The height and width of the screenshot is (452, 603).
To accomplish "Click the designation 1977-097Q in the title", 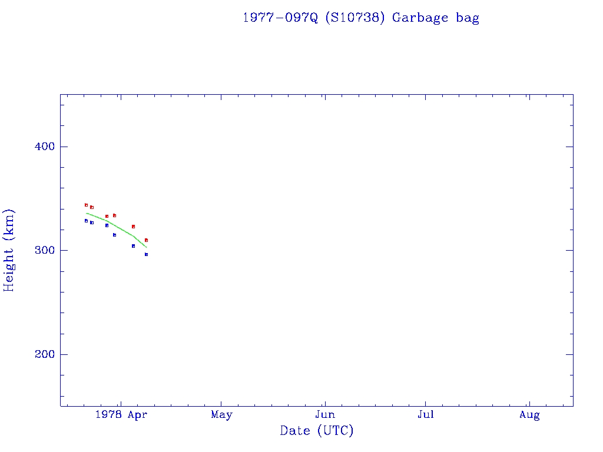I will [x=280, y=18].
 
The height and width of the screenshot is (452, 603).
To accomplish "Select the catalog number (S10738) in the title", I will [x=355, y=18].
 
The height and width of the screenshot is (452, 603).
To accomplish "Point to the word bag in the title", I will [x=468, y=18].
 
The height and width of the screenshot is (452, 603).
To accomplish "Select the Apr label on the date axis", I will [x=137, y=415].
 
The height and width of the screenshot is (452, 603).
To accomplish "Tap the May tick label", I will [x=221, y=415].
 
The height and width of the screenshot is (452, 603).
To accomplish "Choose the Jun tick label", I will [x=324, y=415].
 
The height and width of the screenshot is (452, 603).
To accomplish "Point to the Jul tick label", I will [x=425, y=415].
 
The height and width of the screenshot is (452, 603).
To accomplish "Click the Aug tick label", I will [x=529, y=415].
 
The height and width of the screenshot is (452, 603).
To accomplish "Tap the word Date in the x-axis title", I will [x=295, y=431].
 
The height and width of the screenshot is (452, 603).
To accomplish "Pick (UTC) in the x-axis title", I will [x=335, y=431].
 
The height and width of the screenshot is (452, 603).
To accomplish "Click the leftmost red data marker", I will [x=86, y=205].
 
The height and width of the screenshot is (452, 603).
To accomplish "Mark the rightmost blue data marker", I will [x=146, y=254].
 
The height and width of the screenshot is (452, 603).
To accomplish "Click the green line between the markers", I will [x=118, y=227].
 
